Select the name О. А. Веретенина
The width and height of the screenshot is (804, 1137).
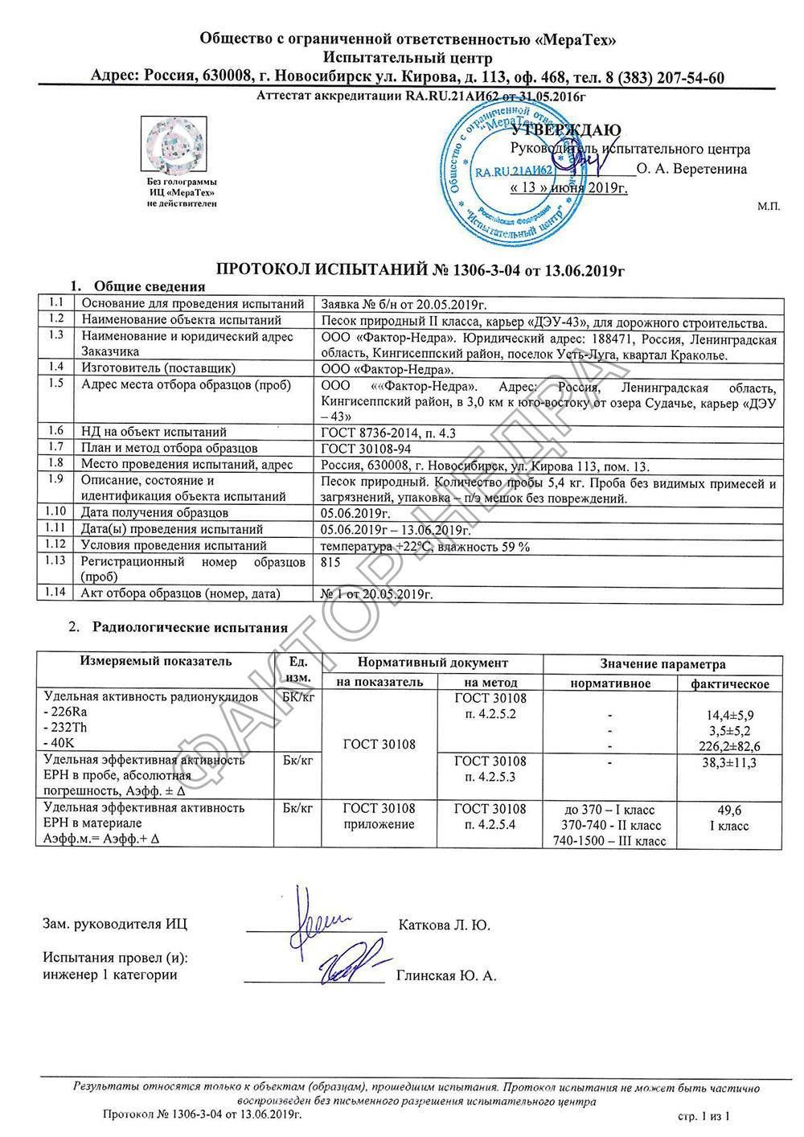point(691,169)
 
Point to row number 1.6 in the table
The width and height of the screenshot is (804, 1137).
point(56,431)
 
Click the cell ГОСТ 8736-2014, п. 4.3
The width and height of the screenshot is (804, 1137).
point(388,432)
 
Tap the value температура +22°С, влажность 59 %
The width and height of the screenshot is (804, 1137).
point(425,546)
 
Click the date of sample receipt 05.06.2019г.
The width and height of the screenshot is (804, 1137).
point(355,512)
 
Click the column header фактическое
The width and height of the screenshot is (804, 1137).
point(730,683)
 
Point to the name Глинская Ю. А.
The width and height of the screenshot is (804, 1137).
point(446,976)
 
